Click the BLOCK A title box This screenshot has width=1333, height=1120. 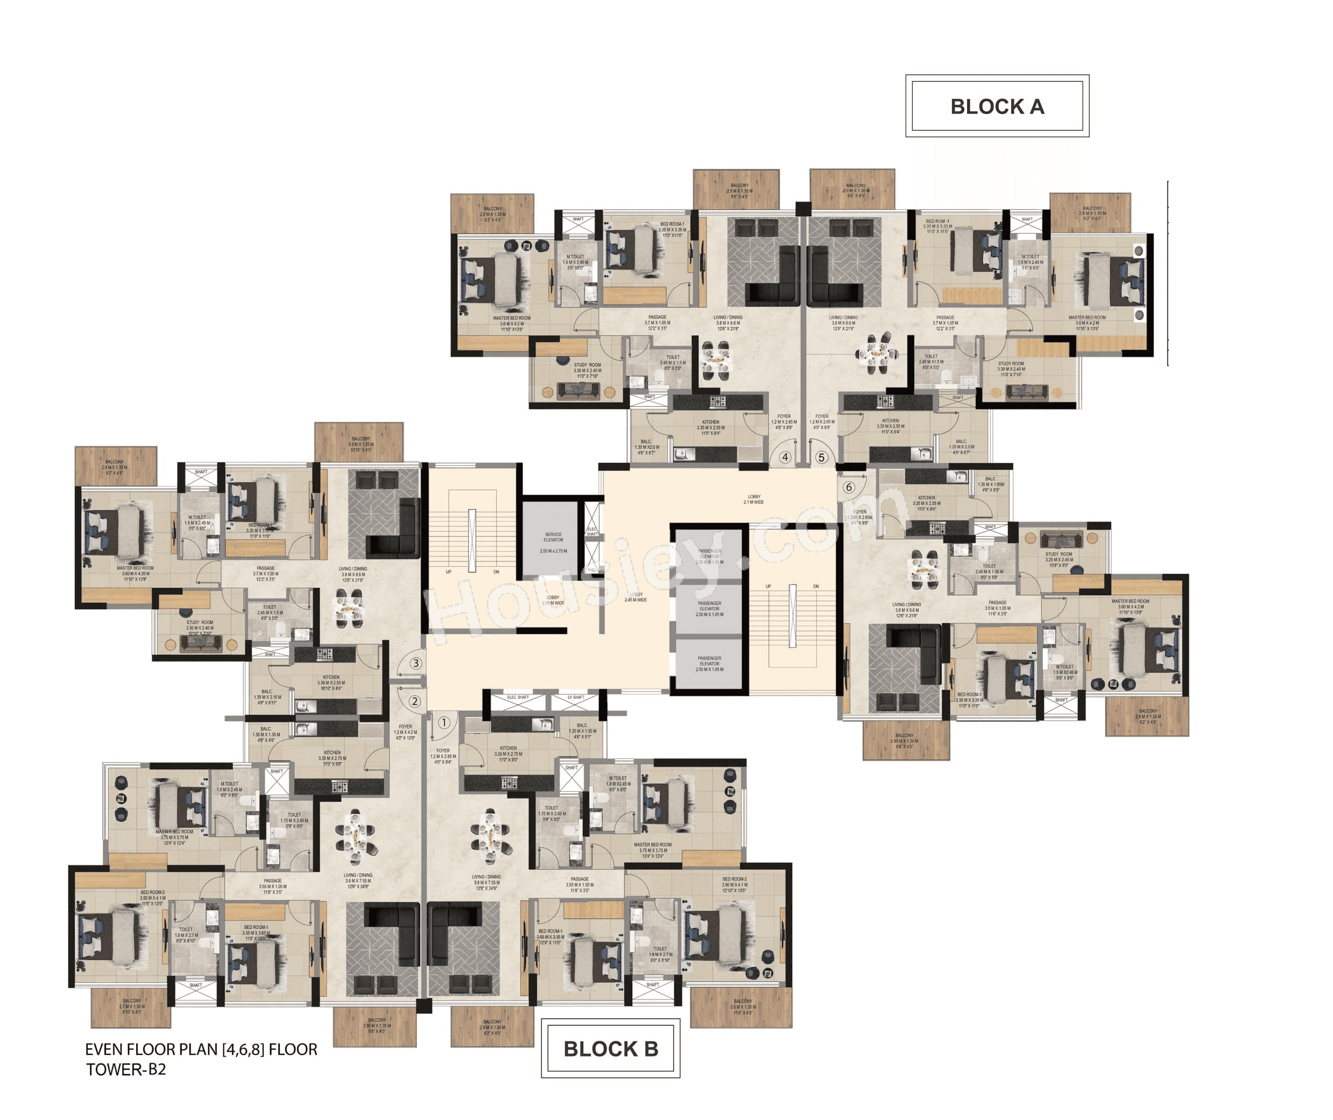[x=997, y=106]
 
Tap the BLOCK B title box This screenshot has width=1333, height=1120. [x=611, y=1048]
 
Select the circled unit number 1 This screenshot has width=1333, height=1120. [x=445, y=723]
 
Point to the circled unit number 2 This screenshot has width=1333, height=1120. [x=414, y=702]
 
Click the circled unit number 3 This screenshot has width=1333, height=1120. [x=416, y=664]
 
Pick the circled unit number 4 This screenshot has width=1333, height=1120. [x=785, y=457]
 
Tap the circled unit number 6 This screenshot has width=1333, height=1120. [x=849, y=488]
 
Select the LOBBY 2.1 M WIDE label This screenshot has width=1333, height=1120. [x=753, y=499]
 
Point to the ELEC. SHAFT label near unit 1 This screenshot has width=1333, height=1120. [x=517, y=697]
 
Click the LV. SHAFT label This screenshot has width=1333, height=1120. [x=575, y=697]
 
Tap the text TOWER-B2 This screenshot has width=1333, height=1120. [x=126, y=1070]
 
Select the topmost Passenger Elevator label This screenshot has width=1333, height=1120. [x=709, y=556]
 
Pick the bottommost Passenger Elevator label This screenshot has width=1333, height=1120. [x=709, y=664]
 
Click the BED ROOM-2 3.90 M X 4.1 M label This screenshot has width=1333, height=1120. [x=734, y=884]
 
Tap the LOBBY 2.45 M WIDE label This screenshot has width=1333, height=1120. [x=636, y=597]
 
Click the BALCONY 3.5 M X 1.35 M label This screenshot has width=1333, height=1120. [x=743, y=1006]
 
